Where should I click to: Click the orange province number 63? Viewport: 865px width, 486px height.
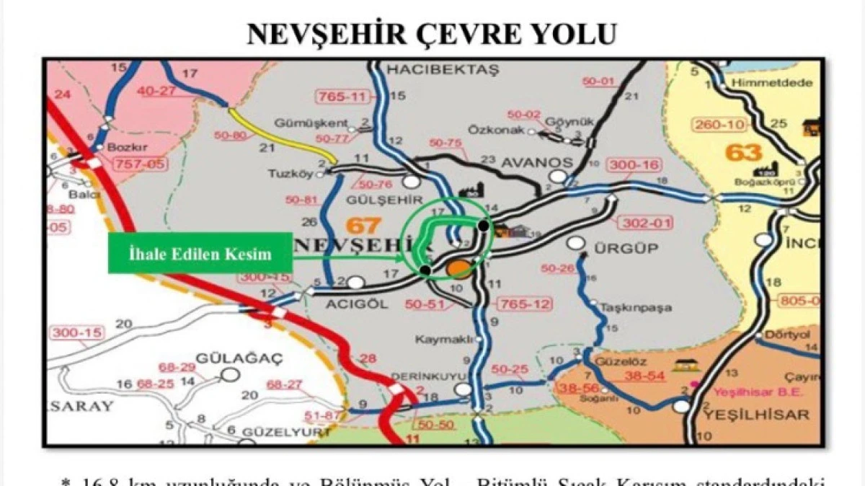click(743, 153)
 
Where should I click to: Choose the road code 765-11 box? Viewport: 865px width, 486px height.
click(343, 96)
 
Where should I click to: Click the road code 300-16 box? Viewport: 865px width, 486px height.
click(634, 166)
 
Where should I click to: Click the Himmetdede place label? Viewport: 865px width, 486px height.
click(760, 83)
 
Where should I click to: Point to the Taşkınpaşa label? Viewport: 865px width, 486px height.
click(635, 308)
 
